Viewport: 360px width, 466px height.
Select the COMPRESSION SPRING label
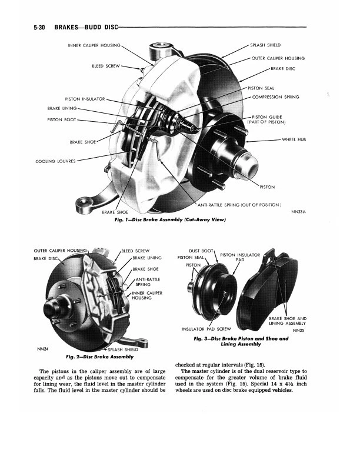pyautogui.click(x=275, y=97)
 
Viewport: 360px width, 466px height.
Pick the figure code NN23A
pyautogui.click(x=299, y=212)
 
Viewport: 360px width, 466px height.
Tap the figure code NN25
pyautogui.click(x=298, y=330)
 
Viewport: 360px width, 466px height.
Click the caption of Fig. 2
pyautogui.click(x=99, y=357)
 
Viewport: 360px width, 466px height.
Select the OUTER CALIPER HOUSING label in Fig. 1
pyautogui.click(x=278, y=58)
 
